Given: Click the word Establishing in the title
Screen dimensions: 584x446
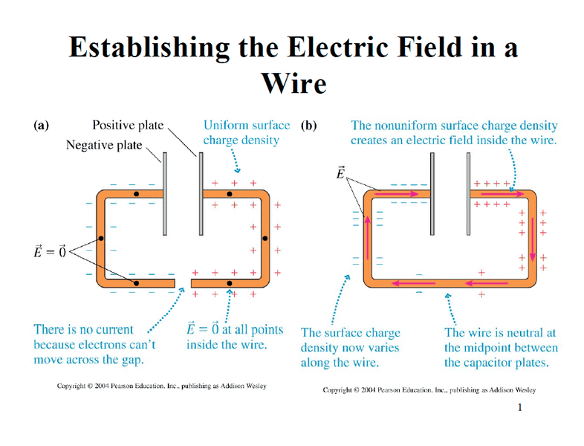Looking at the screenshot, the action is (149, 48).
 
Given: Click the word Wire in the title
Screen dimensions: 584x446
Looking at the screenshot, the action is (294, 83).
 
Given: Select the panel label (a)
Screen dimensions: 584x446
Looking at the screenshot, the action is (42, 126).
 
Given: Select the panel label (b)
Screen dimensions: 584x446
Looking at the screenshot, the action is (309, 126).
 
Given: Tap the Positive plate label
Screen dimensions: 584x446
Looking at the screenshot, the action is (128, 125).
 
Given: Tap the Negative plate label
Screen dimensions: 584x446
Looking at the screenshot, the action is (104, 145).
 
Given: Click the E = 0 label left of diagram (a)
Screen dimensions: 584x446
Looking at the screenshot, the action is (50, 251).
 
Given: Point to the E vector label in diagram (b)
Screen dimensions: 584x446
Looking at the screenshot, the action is (340, 173).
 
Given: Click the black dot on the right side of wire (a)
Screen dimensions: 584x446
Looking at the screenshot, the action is (265, 239).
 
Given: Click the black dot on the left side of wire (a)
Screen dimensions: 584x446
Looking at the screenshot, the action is (101, 239).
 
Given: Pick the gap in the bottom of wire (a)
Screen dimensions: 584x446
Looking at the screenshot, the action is (183, 283).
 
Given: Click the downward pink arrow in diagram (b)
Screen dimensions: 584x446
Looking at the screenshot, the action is (533, 239).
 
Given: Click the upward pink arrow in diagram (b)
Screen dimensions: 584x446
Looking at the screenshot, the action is (368, 237).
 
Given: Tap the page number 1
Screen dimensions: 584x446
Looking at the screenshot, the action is (519, 407).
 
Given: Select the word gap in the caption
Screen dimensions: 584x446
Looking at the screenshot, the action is (132, 361).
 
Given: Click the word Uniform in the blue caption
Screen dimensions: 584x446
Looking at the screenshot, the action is (222, 125).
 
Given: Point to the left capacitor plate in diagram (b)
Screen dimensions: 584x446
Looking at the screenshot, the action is (432, 194).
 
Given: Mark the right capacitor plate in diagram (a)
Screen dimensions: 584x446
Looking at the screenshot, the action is (201, 194).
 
